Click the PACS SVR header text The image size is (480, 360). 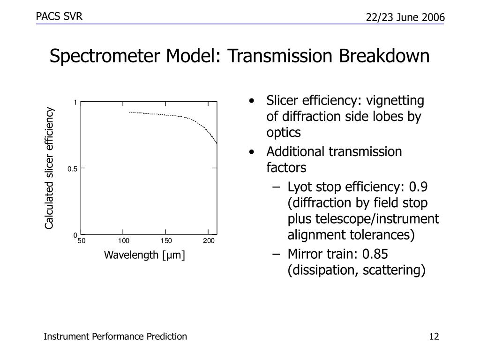point(59,16)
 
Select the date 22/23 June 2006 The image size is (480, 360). point(405,17)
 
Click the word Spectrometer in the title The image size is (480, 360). point(105,56)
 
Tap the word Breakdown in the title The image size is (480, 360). point(384,56)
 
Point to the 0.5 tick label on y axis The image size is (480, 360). point(72,169)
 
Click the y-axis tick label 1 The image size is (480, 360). point(75,103)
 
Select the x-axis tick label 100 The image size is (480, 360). point(123,241)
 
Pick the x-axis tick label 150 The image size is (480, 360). point(166,241)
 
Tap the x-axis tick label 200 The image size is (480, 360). point(209,241)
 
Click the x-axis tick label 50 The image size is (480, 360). point(82,241)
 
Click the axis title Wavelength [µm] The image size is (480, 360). point(144,255)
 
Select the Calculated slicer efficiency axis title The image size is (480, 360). point(49,168)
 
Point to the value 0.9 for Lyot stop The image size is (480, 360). point(418,187)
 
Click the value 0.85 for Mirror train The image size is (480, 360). point(375,254)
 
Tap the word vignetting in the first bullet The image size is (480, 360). point(395,101)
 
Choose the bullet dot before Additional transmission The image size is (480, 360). point(252,152)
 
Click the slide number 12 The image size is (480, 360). point(434,337)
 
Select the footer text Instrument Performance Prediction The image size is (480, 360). point(115,337)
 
